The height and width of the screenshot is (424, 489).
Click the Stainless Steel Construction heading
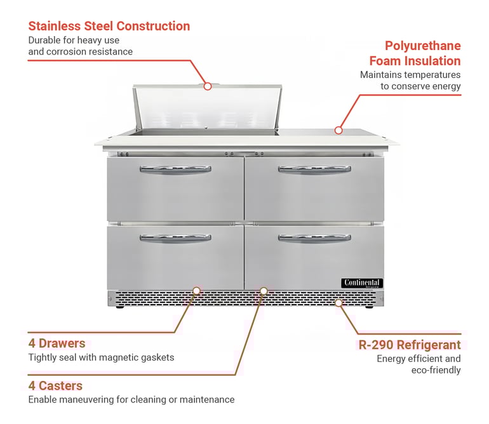[x=109, y=26]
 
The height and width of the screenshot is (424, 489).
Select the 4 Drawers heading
[x=57, y=343]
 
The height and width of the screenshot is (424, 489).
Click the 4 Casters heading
[x=55, y=385]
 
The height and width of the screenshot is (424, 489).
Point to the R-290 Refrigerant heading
[x=410, y=345]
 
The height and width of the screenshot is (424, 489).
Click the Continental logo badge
[x=362, y=283]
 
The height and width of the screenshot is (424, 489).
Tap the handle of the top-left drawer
[x=175, y=169]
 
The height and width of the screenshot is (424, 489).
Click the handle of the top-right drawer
[x=314, y=169]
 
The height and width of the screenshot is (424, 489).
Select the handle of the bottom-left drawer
[x=175, y=238]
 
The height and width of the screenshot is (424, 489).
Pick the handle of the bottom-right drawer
[x=314, y=238]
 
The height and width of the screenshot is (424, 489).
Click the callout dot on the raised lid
[x=208, y=86]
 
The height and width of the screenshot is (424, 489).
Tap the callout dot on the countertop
[x=338, y=130]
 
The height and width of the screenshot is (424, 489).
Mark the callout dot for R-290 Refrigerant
[x=338, y=303]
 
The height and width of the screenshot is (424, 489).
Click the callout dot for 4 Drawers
[x=196, y=290]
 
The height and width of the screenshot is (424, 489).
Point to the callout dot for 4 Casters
[x=264, y=291]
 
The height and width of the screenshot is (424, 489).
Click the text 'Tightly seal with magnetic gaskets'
[x=101, y=357]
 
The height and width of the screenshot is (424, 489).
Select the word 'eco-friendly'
[x=436, y=370]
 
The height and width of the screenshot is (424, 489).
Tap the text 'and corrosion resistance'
[x=80, y=51]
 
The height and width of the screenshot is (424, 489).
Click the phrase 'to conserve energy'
[x=420, y=86]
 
